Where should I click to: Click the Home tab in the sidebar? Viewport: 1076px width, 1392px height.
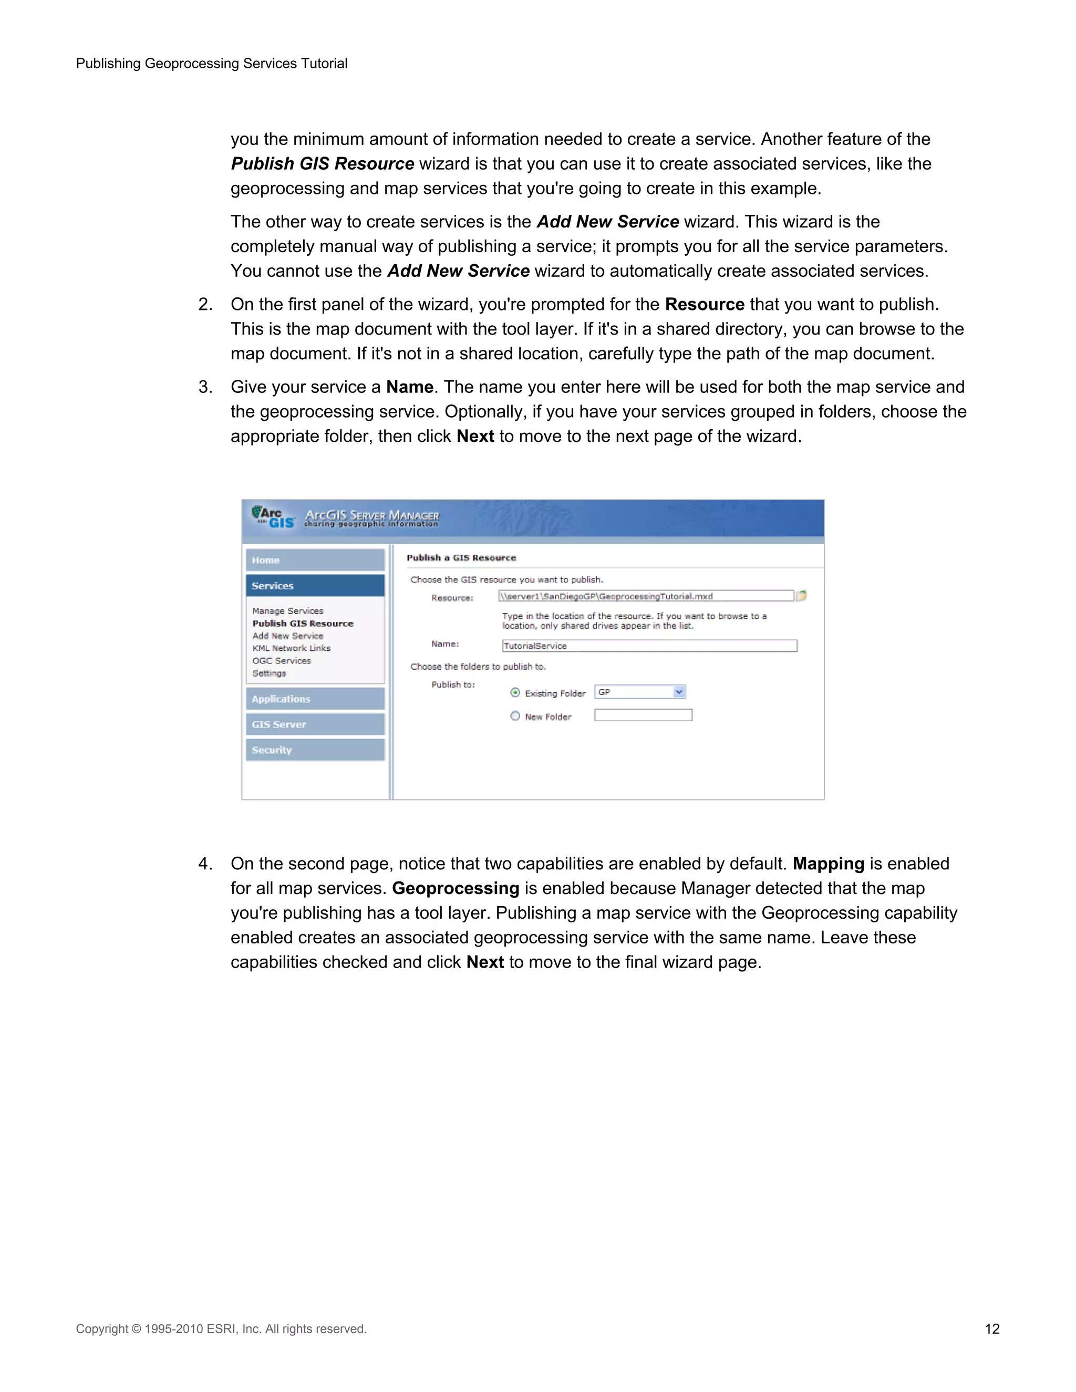pos(315,560)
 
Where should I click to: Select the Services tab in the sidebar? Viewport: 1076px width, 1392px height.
pos(315,586)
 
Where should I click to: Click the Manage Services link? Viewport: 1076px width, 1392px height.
pos(287,610)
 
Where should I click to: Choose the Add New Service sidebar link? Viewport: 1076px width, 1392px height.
pos(287,636)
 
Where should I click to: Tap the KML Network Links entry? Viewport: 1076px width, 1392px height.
pos(291,648)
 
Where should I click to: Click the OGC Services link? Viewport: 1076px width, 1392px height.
pos(281,660)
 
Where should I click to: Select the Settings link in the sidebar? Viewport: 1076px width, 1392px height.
pos(269,673)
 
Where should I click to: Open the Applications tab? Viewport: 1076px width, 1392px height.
pos(315,699)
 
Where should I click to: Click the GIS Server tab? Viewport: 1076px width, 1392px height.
pos(315,725)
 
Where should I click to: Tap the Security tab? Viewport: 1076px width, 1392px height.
pos(315,750)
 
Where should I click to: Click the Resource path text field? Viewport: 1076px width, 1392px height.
pos(645,596)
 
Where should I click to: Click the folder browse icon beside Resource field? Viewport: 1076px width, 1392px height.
pos(801,595)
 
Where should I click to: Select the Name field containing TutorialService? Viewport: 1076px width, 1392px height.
pos(649,646)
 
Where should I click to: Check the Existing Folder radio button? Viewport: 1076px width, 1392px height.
pos(515,693)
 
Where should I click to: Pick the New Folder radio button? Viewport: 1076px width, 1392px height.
pos(515,716)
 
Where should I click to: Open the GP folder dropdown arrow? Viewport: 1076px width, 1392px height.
pos(679,692)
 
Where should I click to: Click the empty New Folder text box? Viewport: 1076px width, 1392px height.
pos(643,715)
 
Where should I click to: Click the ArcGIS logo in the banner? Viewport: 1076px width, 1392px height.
pos(273,517)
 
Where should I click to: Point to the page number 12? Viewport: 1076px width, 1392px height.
pos(992,1329)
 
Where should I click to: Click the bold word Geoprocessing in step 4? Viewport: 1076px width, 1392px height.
pos(455,888)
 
